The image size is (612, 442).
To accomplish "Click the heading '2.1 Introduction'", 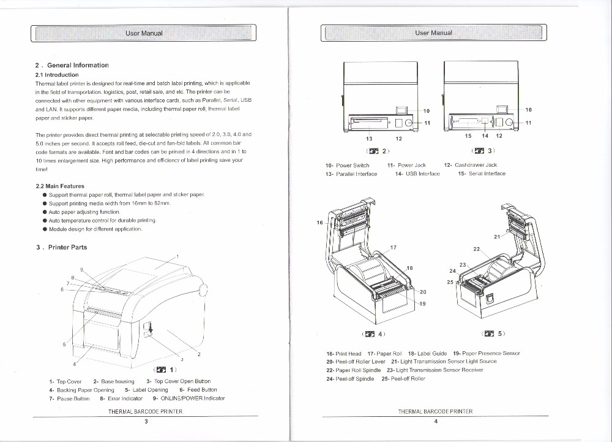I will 57,75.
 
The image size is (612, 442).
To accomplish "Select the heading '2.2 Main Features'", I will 60,186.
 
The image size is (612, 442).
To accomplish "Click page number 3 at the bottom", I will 146,421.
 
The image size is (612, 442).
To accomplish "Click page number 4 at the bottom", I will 435,421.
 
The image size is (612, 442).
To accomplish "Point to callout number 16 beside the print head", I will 319,223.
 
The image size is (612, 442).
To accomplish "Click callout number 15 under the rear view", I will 468,136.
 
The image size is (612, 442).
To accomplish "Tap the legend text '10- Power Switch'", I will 348,165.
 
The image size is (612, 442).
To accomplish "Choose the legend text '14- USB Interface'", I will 417,174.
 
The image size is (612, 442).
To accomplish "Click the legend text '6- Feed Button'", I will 198,390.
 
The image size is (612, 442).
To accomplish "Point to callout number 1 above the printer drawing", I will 177,256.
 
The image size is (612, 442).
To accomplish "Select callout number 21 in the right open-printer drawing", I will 496,237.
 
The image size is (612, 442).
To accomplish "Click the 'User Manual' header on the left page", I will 144,33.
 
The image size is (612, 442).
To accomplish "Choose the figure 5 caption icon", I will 488,334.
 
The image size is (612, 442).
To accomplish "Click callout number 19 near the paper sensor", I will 422,304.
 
